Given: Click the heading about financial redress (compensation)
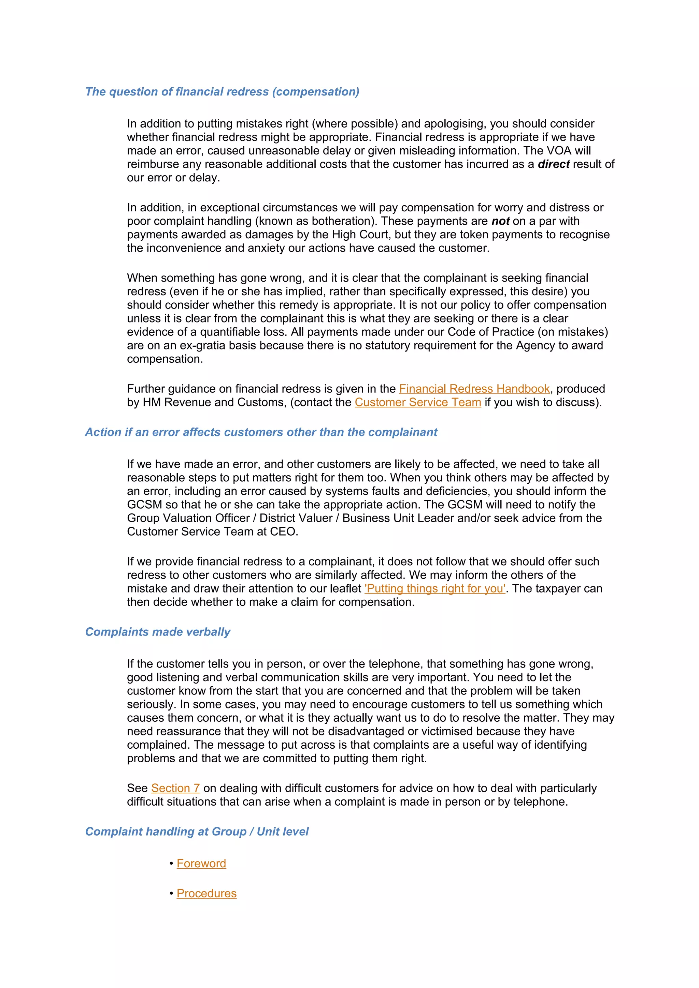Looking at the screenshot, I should click(x=222, y=92).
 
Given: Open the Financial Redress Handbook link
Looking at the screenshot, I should click(x=474, y=389).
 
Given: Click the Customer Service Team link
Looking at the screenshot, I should click(x=417, y=402).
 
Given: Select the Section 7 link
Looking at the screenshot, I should click(x=175, y=788).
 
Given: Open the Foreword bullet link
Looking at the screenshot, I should click(x=201, y=863).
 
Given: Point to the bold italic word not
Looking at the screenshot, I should click(x=500, y=221).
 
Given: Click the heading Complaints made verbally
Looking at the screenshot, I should click(x=158, y=632).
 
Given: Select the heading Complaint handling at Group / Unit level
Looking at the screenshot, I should click(x=197, y=832).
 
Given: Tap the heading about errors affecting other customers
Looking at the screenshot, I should click(x=261, y=432).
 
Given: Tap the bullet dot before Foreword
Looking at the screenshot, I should click(x=171, y=864).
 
